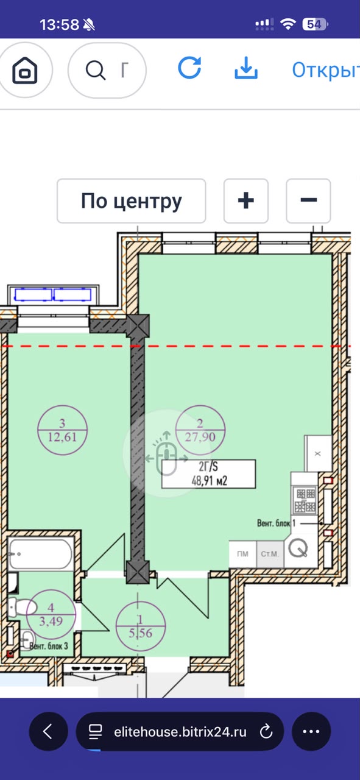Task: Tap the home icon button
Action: pyautogui.click(x=25, y=70)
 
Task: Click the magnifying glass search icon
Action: pyautogui.click(x=96, y=70)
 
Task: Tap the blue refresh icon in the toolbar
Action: pyautogui.click(x=189, y=68)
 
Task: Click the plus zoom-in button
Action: pyautogui.click(x=246, y=200)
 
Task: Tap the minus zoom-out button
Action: pyautogui.click(x=308, y=200)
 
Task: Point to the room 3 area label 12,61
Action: pyautogui.click(x=62, y=437)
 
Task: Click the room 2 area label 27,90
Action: pyautogui.click(x=200, y=437)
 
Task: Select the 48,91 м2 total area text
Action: pyautogui.click(x=210, y=481)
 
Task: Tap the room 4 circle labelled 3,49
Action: pyautogui.click(x=51, y=615)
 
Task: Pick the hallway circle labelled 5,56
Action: pyautogui.click(x=140, y=626)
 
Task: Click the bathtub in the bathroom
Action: pyautogui.click(x=40, y=555)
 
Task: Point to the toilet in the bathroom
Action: pyautogui.click(x=23, y=606)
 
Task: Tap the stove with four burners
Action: pyautogui.click(x=305, y=500)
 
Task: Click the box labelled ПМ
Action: pyautogui.click(x=242, y=554)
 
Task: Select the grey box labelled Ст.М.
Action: pyautogui.click(x=270, y=554)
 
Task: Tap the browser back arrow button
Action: pyautogui.click(x=48, y=732)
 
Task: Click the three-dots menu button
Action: pyautogui.click(x=311, y=732)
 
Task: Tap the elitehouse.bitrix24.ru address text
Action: pyautogui.click(x=180, y=732)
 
